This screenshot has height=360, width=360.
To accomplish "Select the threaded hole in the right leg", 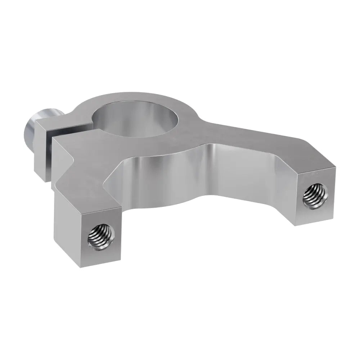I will (x=315, y=195).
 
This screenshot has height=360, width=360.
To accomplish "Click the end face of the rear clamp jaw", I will (x=42, y=155).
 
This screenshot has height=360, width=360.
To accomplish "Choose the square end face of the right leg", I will (x=315, y=196).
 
